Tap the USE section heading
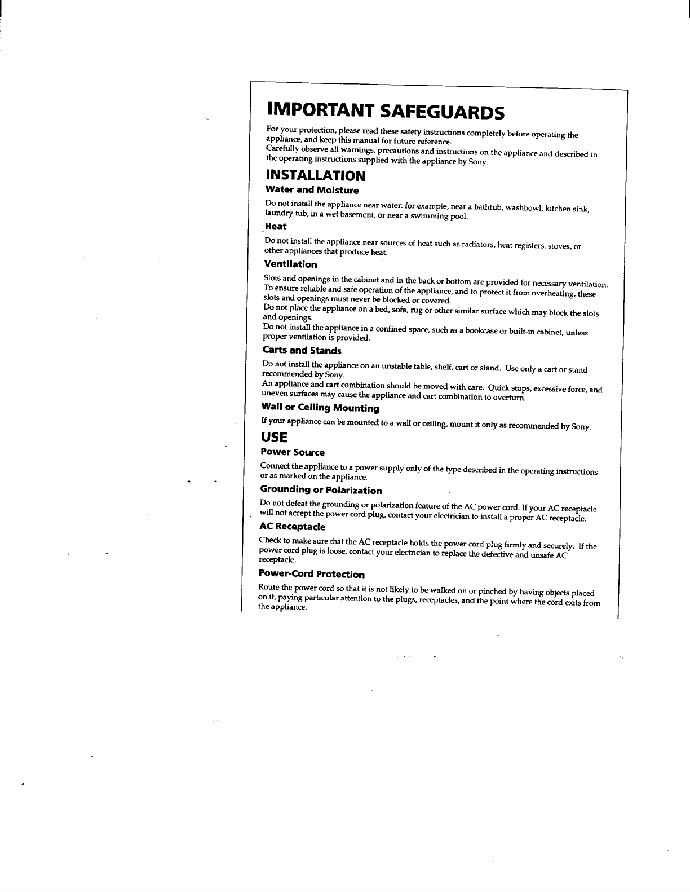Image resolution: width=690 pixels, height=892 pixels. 274,437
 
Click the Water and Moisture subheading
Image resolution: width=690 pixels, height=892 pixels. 312,190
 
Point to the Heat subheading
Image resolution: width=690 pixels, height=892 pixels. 276,227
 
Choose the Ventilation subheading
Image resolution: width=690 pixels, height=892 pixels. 290,264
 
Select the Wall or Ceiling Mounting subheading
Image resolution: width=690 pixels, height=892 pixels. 320,408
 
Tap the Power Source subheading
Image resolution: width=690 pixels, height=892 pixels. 293,452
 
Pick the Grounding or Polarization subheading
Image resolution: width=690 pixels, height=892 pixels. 321,490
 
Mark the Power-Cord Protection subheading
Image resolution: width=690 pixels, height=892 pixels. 311,574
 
